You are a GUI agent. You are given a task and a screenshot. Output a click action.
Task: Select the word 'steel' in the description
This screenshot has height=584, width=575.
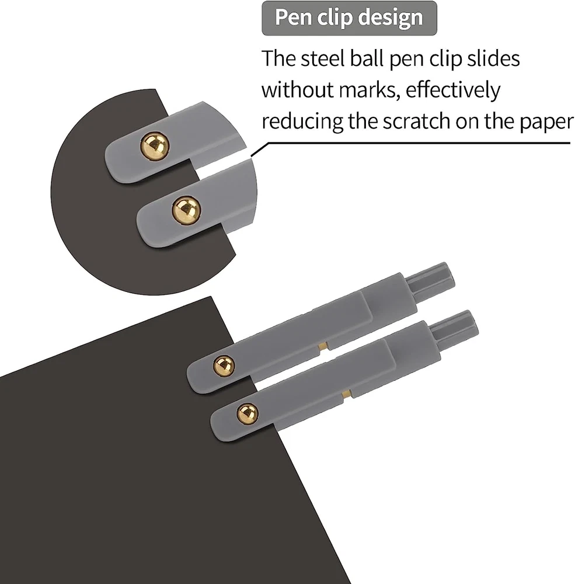click(x=322, y=58)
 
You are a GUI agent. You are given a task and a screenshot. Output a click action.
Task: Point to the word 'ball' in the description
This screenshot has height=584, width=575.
click(x=367, y=58)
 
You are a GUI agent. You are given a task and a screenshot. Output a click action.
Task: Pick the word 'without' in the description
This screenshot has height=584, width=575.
click(x=297, y=90)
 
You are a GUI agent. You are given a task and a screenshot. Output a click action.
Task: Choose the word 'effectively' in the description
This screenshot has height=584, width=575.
click(x=453, y=90)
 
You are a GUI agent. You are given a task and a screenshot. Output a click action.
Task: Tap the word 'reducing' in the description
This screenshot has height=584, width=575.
click(x=302, y=121)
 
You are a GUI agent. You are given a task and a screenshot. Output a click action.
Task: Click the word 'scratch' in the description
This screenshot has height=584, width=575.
click(x=416, y=121)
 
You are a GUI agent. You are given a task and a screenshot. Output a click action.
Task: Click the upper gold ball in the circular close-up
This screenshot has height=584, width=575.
click(x=155, y=146)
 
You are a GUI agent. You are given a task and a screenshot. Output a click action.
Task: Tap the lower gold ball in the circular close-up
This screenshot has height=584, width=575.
click(x=186, y=210)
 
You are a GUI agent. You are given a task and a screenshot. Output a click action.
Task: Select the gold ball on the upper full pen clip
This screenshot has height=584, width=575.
click(x=224, y=365)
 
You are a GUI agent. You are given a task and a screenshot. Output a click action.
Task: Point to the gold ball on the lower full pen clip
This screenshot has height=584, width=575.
click(x=248, y=413)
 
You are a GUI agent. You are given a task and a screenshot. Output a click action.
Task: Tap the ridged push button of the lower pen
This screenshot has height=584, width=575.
click(x=453, y=327)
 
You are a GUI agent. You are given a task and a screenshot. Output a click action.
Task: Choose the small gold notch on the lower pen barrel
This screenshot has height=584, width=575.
click(x=347, y=393)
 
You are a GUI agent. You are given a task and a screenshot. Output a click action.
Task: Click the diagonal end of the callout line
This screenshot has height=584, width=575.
click(x=252, y=156)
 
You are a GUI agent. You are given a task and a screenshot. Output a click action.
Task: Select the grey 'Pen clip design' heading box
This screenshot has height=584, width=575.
click(x=349, y=18)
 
